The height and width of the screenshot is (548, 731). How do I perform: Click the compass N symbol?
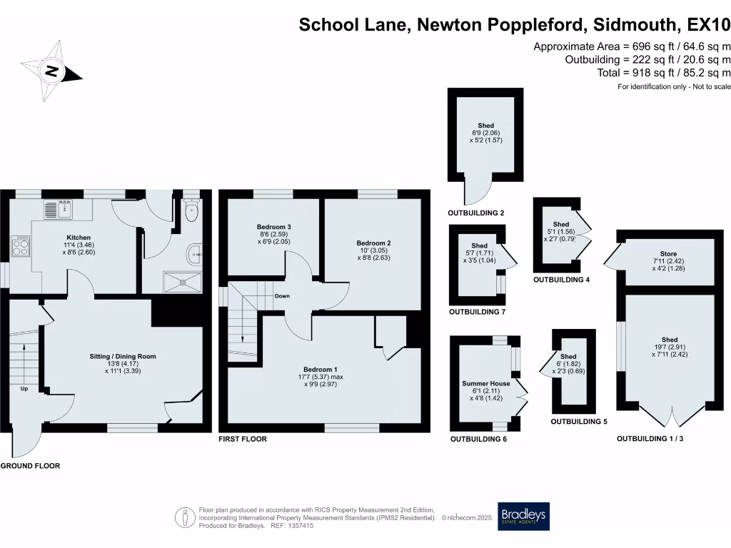coord(51,71)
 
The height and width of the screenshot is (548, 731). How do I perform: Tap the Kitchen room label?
coord(78,237)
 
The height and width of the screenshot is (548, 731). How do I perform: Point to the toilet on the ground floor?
coord(191,211)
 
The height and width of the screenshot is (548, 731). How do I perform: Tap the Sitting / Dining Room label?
coord(122,356)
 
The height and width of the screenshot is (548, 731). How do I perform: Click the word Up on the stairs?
coord(24,389)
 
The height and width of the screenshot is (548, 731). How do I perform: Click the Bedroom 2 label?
coord(373,243)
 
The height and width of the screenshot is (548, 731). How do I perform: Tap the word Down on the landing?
coord(282,296)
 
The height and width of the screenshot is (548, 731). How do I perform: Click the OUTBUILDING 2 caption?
coord(476,213)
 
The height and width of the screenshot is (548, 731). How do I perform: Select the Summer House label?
coord(485,383)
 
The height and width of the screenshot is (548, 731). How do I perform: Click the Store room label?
coord(668,253)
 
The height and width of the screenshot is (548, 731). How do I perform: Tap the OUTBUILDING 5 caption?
coord(578,422)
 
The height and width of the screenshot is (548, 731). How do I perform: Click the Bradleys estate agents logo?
coord(524,517)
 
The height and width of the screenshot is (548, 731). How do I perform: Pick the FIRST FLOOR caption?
coord(243,439)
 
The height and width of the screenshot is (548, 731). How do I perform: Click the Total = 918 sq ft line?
coord(663,73)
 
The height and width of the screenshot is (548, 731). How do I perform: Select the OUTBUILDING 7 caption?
coord(476,312)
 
